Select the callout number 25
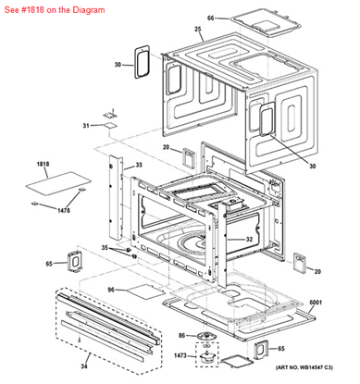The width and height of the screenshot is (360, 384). (x=198, y=31)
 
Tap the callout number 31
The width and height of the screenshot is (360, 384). (x=86, y=125)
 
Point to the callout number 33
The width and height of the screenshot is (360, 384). (x=138, y=165)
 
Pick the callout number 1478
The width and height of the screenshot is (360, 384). (x=62, y=211)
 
